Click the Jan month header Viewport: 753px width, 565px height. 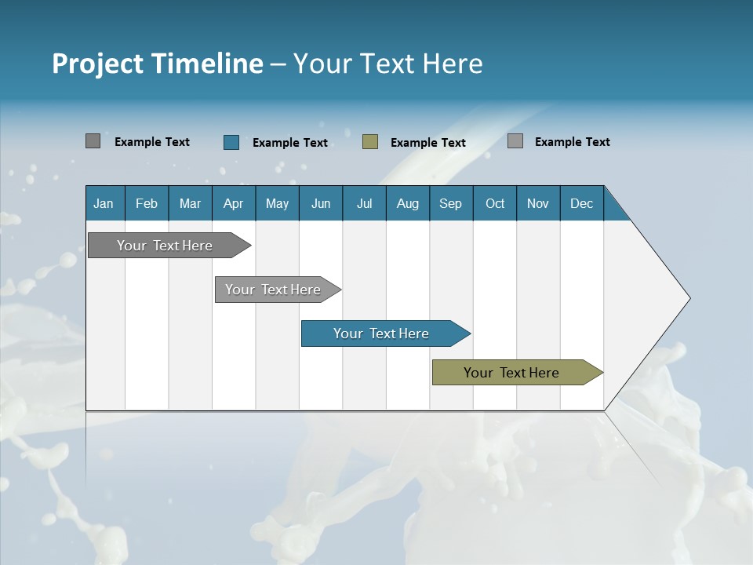tap(104, 203)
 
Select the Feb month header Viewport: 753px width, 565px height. tap(147, 203)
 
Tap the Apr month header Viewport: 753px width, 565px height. tap(233, 203)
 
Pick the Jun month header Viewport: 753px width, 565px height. tap(321, 203)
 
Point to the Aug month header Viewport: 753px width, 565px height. tap(407, 203)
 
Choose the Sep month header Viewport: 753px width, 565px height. tap(450, 203)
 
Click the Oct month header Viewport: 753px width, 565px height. tap(495, 203)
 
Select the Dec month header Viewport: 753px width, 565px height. tap(581, 203)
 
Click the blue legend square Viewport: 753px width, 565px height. tap(231, 142)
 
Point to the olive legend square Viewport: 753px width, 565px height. tap(370, 142)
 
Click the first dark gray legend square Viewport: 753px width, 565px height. tap(93, 141)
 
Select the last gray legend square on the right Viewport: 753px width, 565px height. tap(515, 141)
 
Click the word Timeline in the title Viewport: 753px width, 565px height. tap(206, 64)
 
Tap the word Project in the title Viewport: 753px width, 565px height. tap(98, 64)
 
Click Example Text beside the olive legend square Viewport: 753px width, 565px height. tap(427, 143)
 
